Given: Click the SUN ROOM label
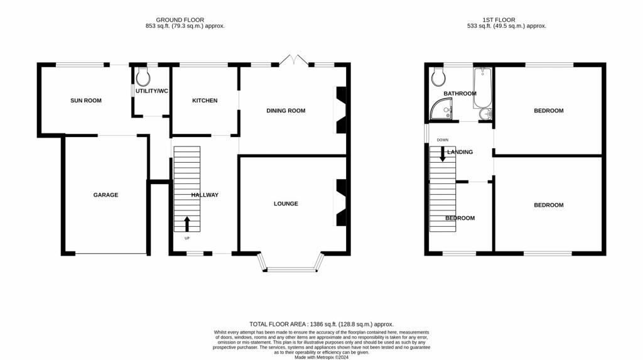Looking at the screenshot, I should [86, 101].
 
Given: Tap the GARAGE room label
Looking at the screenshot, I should [105, 195].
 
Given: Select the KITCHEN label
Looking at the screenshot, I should [205, 101].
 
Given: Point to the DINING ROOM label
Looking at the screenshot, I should [286, 111].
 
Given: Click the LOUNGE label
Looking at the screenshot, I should [286, 204].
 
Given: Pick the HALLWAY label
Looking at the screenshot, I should [205, 195].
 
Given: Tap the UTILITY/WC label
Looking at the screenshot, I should [152, 91].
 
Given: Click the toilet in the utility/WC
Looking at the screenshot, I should [143, 77].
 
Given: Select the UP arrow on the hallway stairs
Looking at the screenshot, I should [186, 223].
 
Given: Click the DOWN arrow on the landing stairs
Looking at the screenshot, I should [443, 153].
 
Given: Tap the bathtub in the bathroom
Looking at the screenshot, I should [482, 88].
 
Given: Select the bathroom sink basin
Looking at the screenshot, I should [484, 114].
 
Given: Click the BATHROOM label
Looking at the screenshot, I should [460, 94].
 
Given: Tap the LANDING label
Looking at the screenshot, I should [460, 152].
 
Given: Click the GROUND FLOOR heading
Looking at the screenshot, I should [180, 20].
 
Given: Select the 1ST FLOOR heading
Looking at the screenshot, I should [499, 20].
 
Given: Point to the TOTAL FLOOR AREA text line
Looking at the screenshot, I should [321, 321].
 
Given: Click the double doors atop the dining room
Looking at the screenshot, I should [293, 61].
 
